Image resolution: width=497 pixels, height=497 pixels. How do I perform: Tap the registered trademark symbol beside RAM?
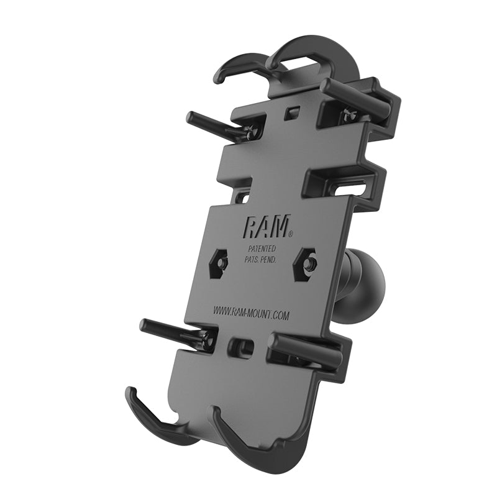click(290, 234)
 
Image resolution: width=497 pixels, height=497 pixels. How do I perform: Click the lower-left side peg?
click(168, 330)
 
